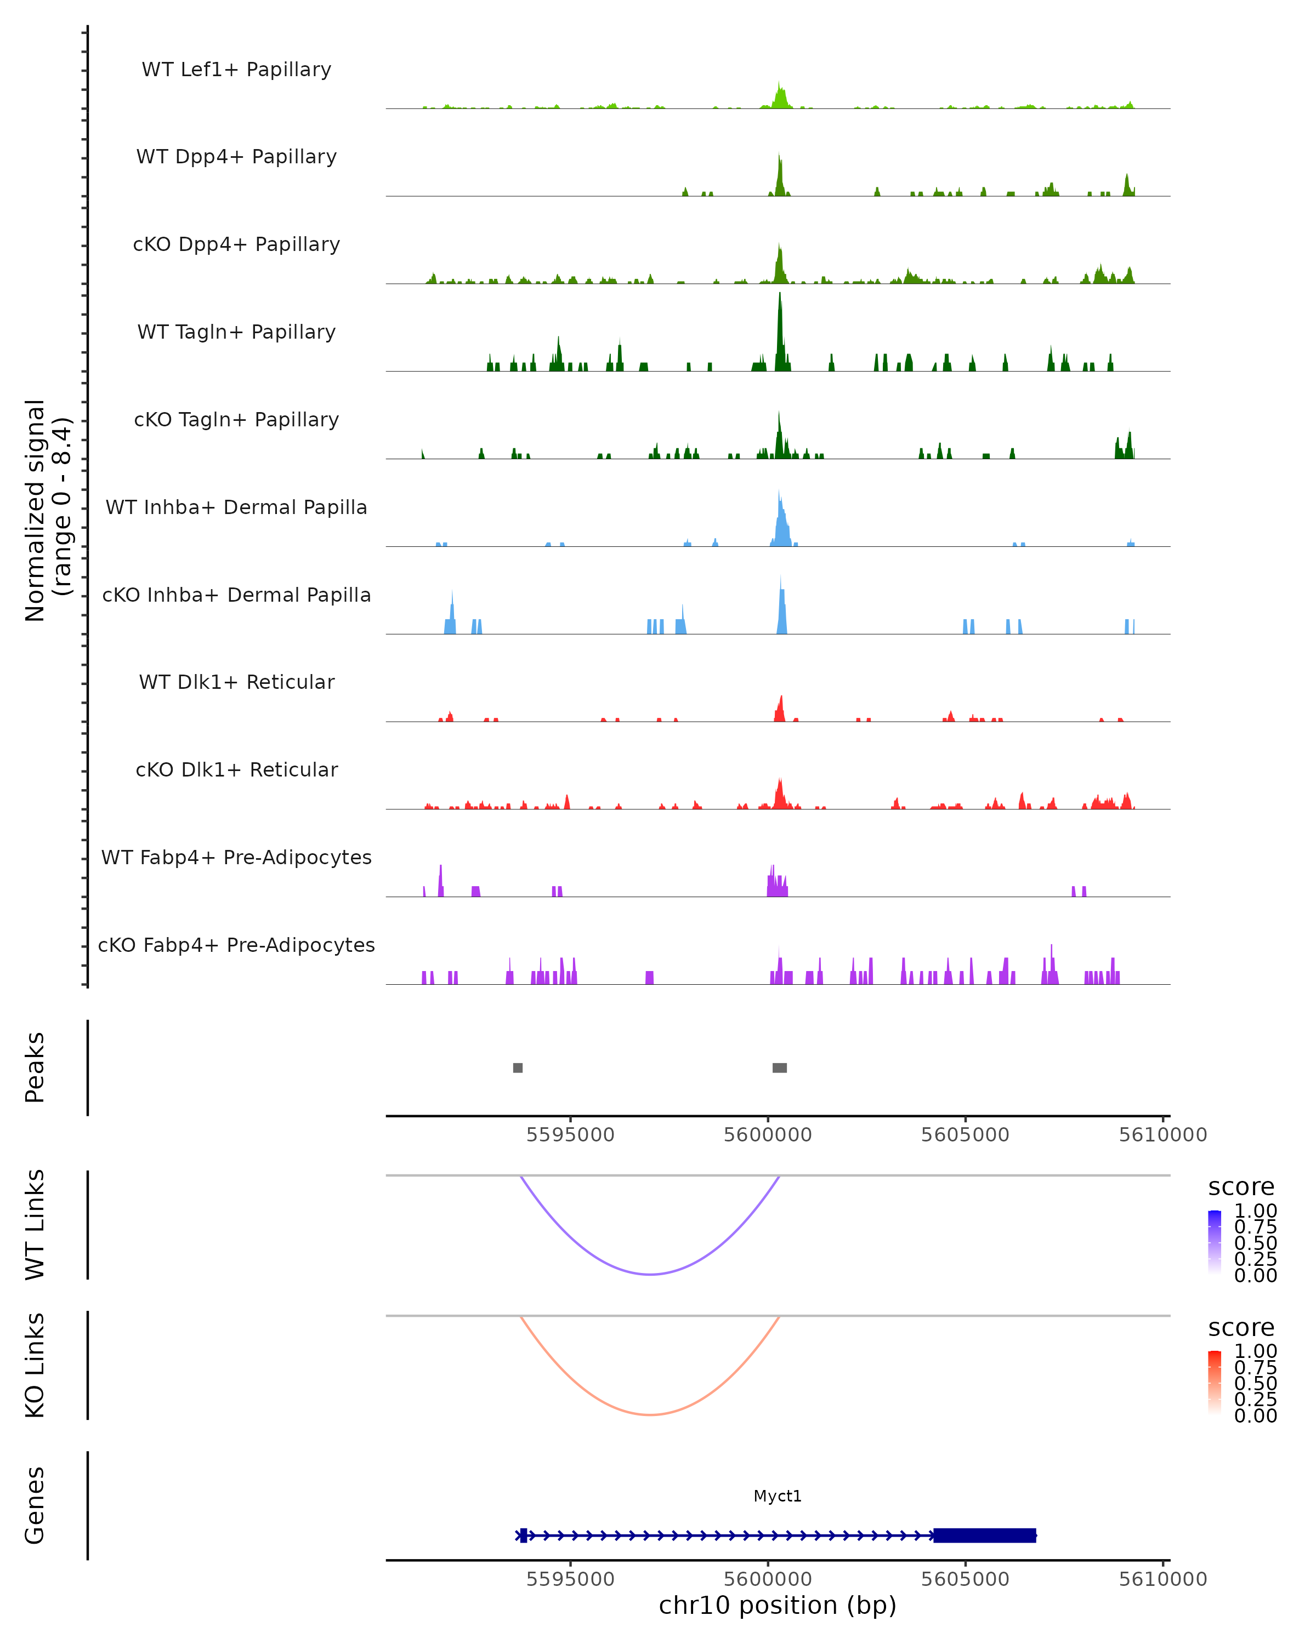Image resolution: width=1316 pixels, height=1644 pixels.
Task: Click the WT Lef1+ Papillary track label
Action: click(x=236, y=70)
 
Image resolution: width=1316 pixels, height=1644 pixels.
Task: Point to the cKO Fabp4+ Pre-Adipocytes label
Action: click(x=236, y=945)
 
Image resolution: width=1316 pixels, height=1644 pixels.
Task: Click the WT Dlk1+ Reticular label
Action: click(x=236, y=682)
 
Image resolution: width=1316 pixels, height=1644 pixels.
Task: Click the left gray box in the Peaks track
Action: click(x=518, y=1068)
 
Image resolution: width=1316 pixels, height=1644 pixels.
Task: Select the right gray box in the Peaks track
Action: click(x=780, y=1068)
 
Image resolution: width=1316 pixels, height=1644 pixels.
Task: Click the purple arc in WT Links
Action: click(x=650, y=1274)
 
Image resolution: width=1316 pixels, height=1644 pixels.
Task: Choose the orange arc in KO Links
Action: click(x=650, y=1414)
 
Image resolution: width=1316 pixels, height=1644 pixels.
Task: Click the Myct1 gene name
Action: click(x=778, y=1496)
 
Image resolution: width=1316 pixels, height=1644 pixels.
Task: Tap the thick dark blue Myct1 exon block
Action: click(x=985, y=1535)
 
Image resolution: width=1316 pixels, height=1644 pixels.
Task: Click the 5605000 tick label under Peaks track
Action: click(x=965, y=1135)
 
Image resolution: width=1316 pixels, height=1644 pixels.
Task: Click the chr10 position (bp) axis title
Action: click(x=778, y=1605)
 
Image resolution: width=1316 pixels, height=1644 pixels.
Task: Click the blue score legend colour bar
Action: click(x=1215, y=1241)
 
